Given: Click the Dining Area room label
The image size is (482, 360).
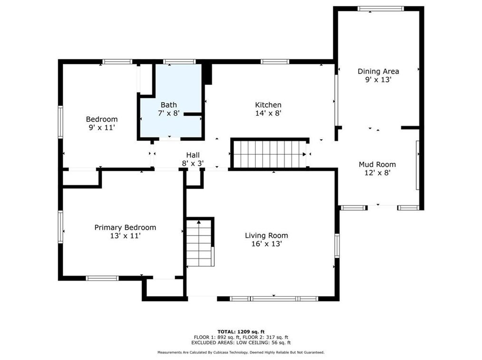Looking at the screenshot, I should click(378, 71).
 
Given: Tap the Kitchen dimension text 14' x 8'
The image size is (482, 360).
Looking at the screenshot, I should click(268, 113).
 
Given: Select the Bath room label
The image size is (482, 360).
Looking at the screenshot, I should click(168, 105).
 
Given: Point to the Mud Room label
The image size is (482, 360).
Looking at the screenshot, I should click(377, 164).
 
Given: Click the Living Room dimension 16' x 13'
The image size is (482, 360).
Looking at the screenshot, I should click(266, 244).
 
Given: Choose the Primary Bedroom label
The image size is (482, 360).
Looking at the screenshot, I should click(125, 227).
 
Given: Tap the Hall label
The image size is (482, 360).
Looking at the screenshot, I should click(193, 155).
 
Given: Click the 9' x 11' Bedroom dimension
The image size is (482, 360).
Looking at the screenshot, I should click(101, 127).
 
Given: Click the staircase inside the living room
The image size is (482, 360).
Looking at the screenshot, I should click(199, 243).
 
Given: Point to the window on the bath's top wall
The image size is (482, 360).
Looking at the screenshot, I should click(179, 61).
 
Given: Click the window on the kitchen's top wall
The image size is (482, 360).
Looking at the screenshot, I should click(275, 61).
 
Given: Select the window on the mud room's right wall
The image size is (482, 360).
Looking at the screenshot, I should click(418, 165).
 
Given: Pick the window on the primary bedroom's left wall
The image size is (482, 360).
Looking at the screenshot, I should click(60, 227).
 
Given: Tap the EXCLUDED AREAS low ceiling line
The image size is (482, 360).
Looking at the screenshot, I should click(241, 342).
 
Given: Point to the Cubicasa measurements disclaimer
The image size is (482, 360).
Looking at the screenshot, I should click(241, 352).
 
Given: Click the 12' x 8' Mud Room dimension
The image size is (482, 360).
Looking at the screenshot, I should click(377, 173).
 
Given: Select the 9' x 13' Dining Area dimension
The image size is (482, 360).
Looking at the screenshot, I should click(378, 80).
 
